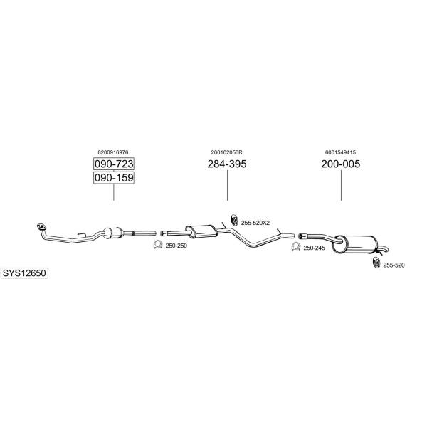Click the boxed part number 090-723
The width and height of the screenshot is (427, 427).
pos(114,164)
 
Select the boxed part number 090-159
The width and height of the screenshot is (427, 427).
pos(114,177)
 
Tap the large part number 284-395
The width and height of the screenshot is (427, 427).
pos(227,164)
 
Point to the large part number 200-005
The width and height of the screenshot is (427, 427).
pos(340,164)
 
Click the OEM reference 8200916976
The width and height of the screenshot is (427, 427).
pos(113,152)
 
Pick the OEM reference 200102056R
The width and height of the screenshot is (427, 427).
pos(226,152)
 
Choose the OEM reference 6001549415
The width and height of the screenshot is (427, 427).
pos(340,152)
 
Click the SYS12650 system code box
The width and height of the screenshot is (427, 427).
pos(24,273)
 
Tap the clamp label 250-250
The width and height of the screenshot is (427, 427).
pos(176,246)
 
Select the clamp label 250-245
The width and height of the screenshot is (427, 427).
pos(315,248)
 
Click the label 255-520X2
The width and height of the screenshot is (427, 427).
pos(255,223)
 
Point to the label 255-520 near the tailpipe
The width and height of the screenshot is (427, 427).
pos(394,265)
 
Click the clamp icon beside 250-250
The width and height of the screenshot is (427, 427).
pos(158,244)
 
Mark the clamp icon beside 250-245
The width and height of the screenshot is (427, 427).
pos(296,246)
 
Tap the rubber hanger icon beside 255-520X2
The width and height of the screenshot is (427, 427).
pos(234,220)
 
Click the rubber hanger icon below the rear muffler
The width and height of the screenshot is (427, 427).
pos(376,262)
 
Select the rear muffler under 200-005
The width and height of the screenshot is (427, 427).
pos(354,245)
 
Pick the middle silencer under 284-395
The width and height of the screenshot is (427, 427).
pos(201,232)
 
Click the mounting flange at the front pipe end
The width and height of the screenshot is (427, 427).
pos(41,226)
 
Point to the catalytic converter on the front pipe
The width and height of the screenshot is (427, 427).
pos(112,233)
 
